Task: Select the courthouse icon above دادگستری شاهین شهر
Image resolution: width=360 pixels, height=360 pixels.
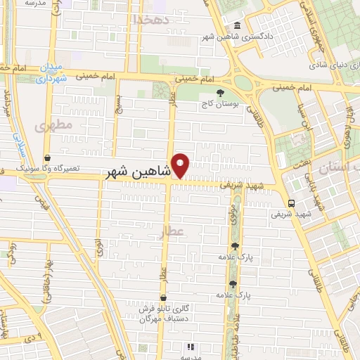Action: pos(237,27)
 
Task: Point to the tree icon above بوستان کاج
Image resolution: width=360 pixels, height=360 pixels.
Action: pos(220,92)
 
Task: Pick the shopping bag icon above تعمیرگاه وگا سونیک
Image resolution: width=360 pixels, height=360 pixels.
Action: pos(46,158)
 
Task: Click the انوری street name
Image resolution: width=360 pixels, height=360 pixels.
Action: pos(100,247)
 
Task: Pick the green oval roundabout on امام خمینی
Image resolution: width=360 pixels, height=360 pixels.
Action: pos(243,82)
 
